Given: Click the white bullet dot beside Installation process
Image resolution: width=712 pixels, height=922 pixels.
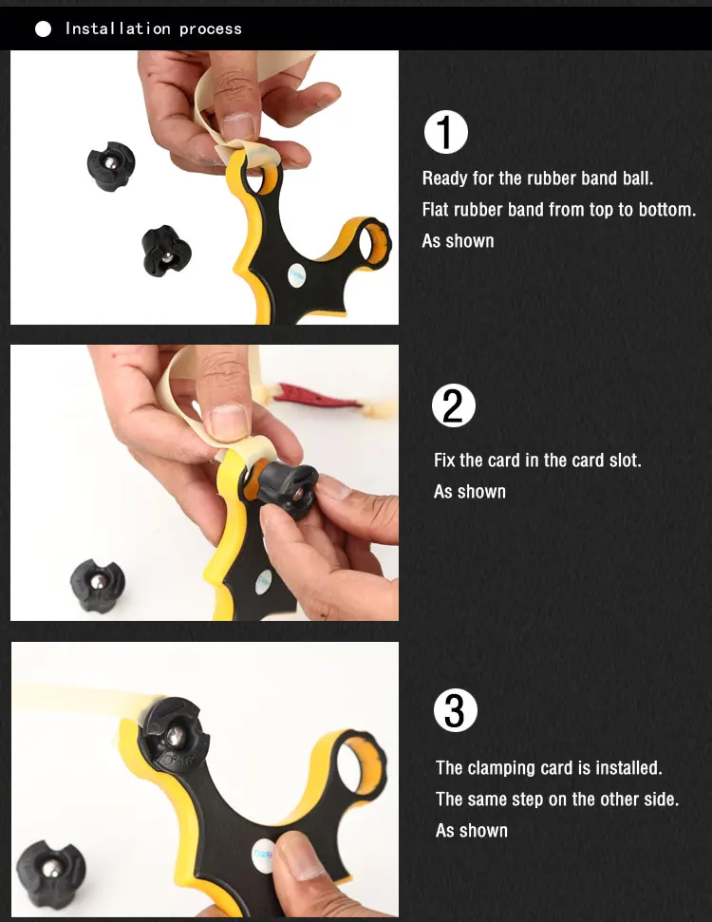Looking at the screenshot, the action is tap(43, 28).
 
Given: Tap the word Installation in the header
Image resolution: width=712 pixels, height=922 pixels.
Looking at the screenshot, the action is tap(118, 28).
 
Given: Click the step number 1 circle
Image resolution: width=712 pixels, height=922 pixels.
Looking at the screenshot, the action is tap(445, 132).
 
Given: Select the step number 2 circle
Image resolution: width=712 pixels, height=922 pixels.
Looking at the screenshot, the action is tap(453, 405).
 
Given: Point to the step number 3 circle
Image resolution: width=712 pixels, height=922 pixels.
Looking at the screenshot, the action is tap(455, 710).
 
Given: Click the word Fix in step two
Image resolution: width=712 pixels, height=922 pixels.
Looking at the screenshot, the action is tap(444, 460).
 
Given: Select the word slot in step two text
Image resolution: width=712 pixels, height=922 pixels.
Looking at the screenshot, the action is tap(625, 460).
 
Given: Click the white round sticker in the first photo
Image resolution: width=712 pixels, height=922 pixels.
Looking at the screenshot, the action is tap(296, 275).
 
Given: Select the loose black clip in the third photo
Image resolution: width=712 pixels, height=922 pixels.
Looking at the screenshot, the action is tap(50, 873).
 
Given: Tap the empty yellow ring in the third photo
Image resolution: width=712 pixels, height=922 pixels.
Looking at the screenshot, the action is tap(361, 764).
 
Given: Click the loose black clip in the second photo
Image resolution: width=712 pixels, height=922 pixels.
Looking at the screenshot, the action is tap(98, 585).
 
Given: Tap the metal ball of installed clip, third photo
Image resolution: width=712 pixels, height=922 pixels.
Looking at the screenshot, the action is tap(175, 736).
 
